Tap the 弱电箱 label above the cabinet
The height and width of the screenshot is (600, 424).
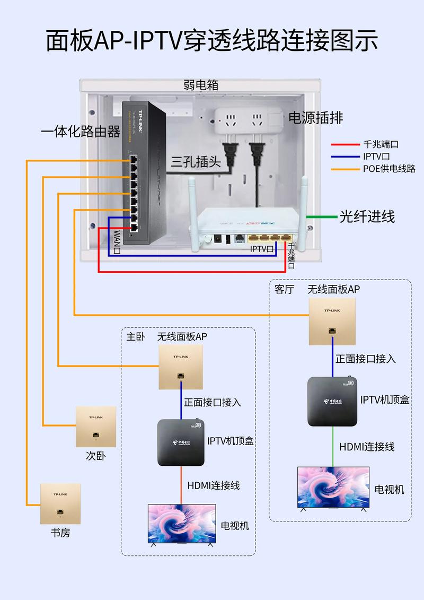(201, 85)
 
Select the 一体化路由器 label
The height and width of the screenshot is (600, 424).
(81, 132)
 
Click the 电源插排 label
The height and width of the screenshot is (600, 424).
(315, 118)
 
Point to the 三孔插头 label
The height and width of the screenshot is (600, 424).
(196, 162)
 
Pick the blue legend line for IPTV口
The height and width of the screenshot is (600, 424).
(345, 156)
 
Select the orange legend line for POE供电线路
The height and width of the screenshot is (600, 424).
(345, 169)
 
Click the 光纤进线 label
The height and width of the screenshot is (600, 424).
(367, 216)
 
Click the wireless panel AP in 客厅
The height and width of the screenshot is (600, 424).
(332, 321)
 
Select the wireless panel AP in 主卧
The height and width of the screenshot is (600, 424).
(181, 367)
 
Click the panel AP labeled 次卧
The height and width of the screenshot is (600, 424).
(96, 427)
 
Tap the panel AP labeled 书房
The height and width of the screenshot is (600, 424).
(60, 502)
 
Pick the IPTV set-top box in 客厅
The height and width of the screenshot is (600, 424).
(332, 401)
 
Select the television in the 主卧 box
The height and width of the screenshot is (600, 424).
(182, 524)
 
